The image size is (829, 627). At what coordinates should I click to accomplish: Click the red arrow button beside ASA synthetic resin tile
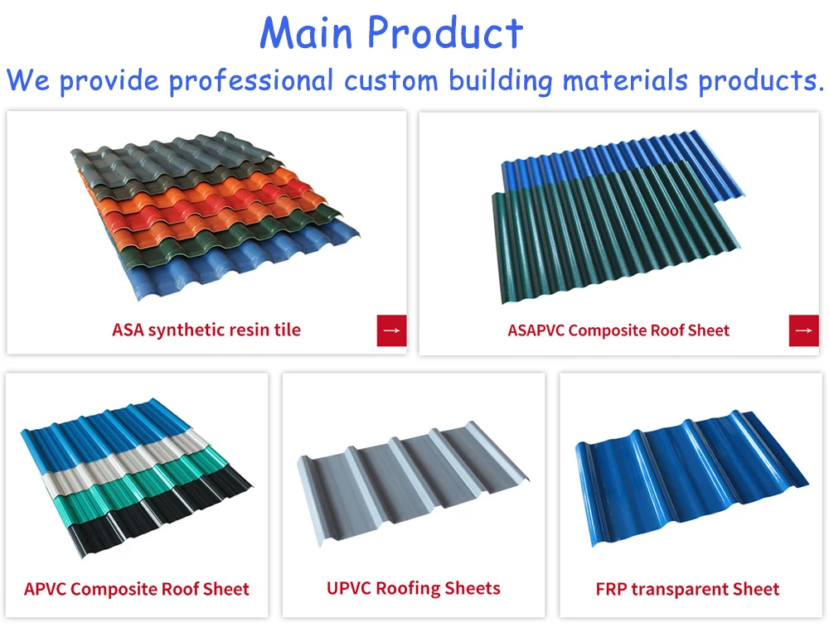point(391,330)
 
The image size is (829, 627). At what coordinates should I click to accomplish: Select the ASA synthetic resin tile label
point(206,330)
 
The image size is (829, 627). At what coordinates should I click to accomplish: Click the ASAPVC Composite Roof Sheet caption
point(618,330)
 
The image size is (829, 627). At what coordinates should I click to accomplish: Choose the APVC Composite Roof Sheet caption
point(137,590)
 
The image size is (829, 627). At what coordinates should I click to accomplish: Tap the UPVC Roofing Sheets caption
point(414,589)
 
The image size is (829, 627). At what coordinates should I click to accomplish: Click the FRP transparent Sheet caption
point(687,590)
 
